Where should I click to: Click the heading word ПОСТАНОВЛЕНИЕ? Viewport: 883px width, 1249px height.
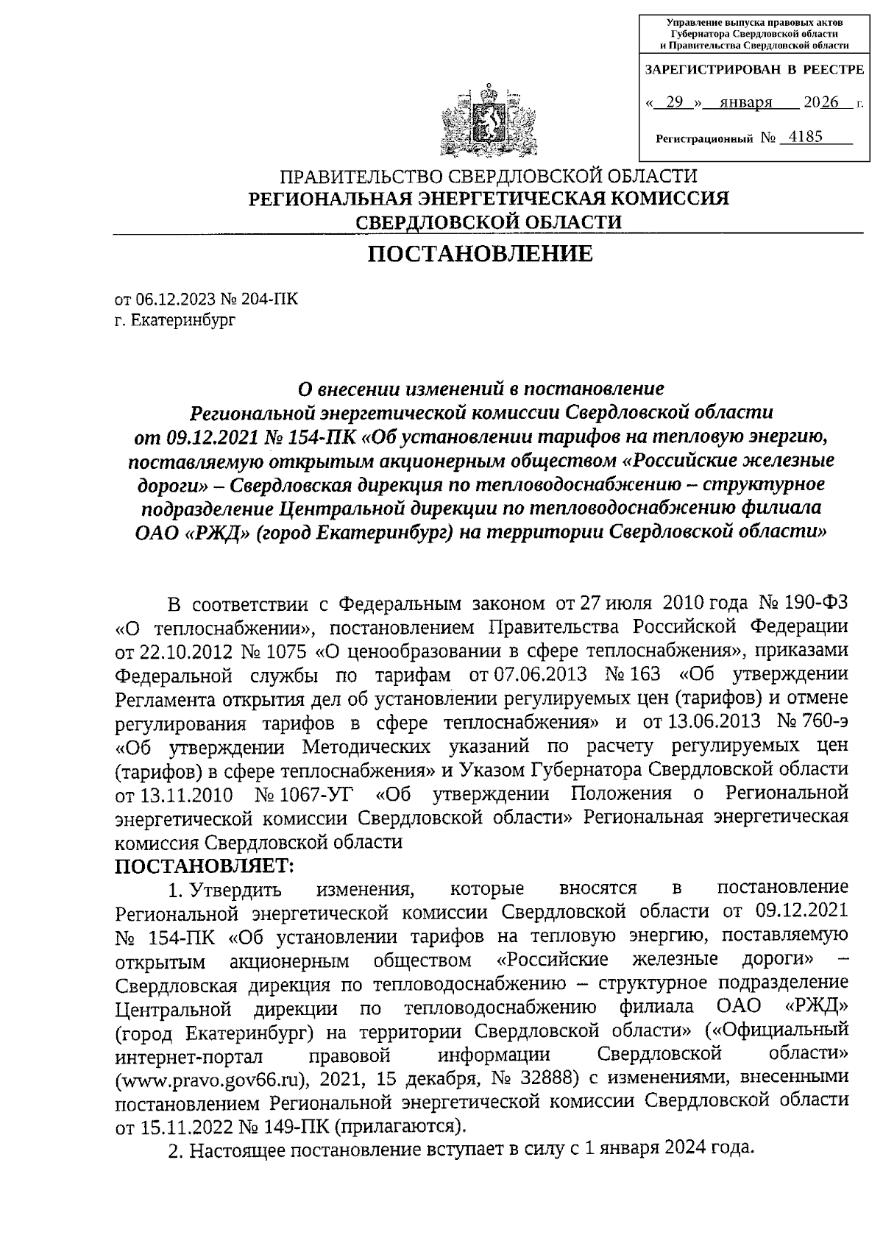(x=480, y=254)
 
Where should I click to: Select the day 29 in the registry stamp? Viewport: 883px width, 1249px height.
(x=673, y=103)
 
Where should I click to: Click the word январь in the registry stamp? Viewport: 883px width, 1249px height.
(x=745, y=103)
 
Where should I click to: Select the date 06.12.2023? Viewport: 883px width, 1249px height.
(x=173, y=300)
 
